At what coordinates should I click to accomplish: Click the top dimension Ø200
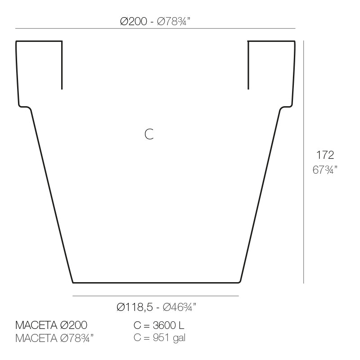coord(134,22)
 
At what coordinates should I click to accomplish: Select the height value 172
coord(325,155)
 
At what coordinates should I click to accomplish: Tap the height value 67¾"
coord(325,170)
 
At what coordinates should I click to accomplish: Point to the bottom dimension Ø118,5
coord(134,307)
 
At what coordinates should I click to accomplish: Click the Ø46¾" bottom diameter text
coord(179,307)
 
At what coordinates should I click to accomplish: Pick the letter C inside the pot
coord(149,134)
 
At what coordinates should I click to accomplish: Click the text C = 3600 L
coord(159,325)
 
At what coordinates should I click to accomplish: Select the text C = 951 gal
coord(159,337)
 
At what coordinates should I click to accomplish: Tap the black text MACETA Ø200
coord(51,325)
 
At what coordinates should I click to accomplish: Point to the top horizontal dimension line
coord(155,29)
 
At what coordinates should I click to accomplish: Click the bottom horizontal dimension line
coord(155,296)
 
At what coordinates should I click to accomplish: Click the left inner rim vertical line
coord(62,65)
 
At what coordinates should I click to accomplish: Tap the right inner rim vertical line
coord(248,65)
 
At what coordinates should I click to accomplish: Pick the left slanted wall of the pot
coord(52,193)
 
